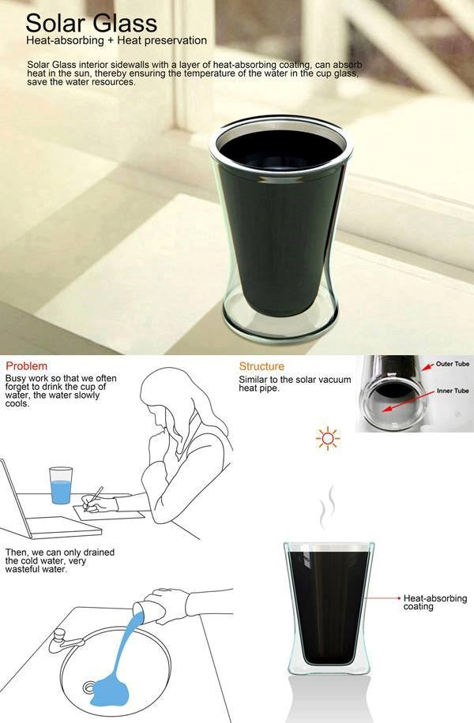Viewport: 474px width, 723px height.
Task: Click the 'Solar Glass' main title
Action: pos(92,23)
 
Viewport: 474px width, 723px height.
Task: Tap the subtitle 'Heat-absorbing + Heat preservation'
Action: pos(116,40)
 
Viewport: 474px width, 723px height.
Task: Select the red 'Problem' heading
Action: pos(26,366)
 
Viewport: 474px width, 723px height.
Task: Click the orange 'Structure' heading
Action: pos(261,366)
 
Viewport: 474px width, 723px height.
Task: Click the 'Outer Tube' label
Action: pos(453,364)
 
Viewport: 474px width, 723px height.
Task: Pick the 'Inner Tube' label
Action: pos(453,391)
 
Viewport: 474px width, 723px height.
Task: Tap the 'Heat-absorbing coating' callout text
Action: pos(434,602)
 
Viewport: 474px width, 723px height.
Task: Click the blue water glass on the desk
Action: pos(61,485)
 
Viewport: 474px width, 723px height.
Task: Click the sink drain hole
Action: pos(88,688)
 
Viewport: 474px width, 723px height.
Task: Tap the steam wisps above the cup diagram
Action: pos(326,508)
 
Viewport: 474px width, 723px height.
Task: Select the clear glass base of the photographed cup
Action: pos(280,323)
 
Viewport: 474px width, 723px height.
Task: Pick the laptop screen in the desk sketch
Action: pos(14,498)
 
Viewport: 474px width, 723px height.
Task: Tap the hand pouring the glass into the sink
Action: pos(171,604)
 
